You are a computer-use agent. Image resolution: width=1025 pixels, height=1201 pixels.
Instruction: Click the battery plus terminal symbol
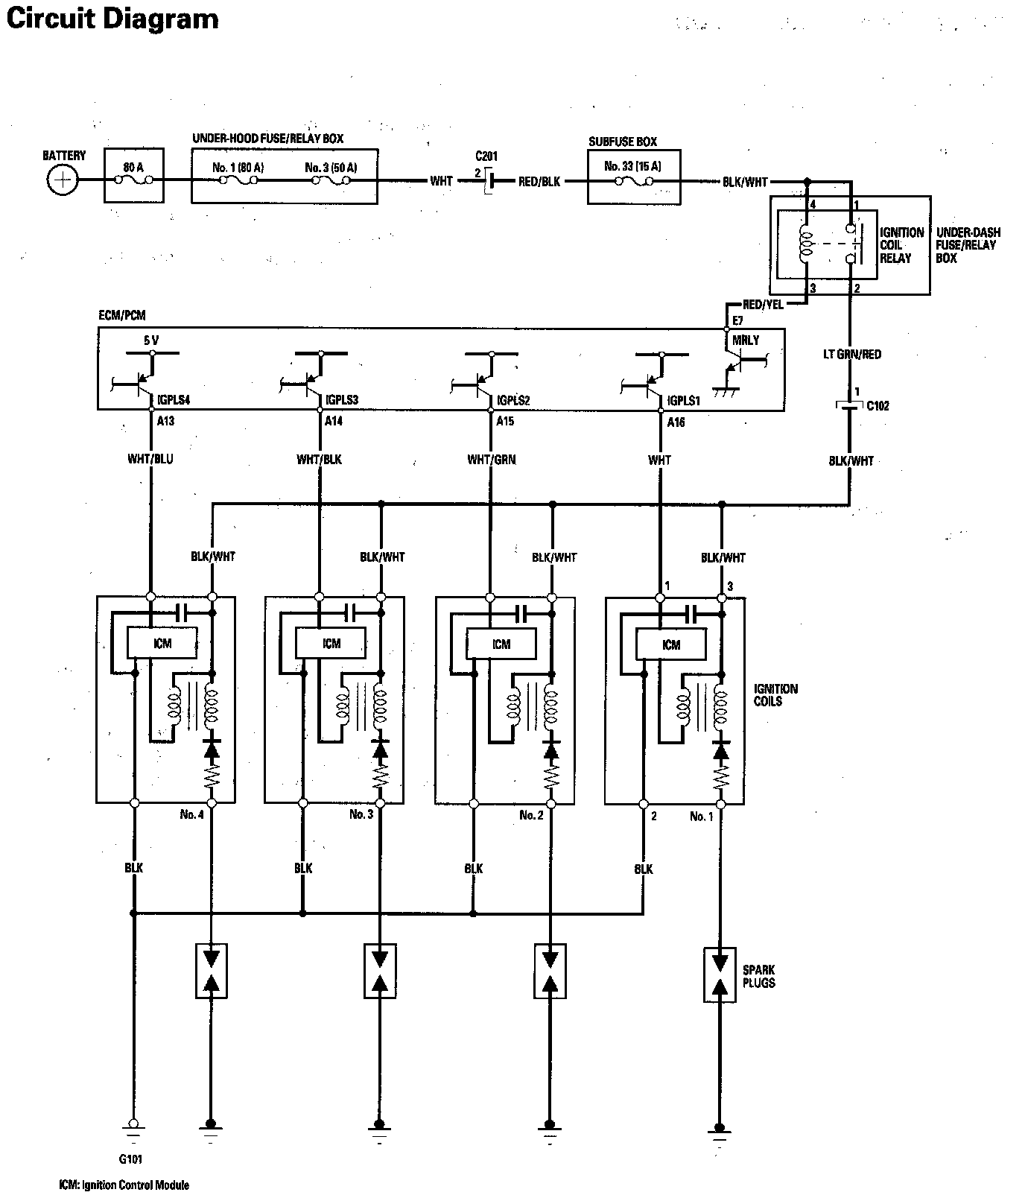point(63,180)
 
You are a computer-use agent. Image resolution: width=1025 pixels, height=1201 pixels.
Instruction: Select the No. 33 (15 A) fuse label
point(634,167)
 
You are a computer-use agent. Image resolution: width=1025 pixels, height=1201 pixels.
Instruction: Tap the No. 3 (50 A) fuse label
point(331,168)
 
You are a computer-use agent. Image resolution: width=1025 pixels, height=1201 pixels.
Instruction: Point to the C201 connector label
point(486,156)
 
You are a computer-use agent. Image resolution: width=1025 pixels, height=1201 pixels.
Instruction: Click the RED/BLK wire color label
point(539,182)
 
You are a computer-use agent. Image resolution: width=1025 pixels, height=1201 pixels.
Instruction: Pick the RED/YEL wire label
point(762,304)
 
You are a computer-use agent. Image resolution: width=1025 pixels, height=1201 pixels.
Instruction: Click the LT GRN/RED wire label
point(852,355)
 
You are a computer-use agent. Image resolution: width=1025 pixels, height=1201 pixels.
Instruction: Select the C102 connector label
point(878,406)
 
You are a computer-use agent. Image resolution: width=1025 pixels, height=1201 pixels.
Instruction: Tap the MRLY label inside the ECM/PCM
point(746,340)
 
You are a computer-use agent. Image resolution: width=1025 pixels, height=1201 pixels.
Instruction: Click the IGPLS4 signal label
point(174,400)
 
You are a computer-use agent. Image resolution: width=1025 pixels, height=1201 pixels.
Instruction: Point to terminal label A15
point(505,421)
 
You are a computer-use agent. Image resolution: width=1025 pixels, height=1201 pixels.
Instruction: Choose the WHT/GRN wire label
point(491,460)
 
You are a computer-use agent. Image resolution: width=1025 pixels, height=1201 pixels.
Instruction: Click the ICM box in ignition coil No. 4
point(162,643)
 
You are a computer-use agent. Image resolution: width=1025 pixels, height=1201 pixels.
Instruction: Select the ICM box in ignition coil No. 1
point(671,644)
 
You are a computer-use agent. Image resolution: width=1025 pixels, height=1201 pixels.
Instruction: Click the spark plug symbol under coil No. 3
point(380,971)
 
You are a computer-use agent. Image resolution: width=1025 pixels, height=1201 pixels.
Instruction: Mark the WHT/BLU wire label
point(150,459)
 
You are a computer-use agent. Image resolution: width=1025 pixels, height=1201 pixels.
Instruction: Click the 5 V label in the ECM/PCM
point(151,340)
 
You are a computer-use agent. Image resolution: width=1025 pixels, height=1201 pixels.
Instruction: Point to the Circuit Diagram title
point(112,19)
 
